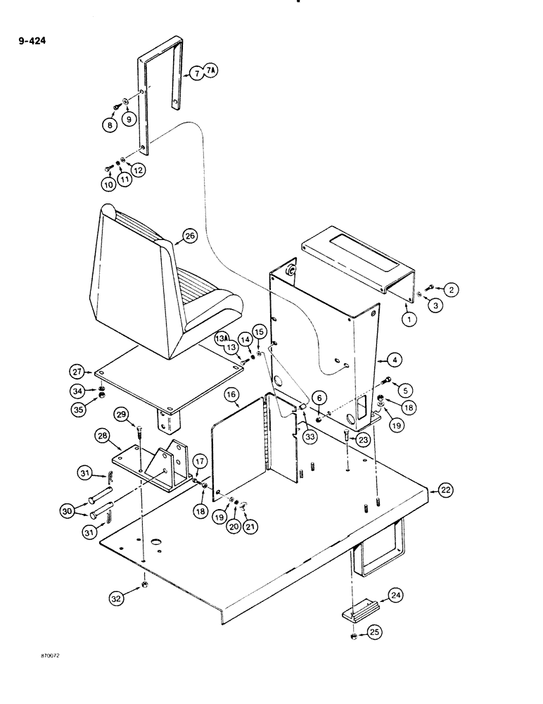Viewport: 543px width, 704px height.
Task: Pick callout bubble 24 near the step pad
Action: [396, 596]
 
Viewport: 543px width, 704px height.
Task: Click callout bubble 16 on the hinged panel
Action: [234, 398]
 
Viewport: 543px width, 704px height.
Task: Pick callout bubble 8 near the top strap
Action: [109, 125]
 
